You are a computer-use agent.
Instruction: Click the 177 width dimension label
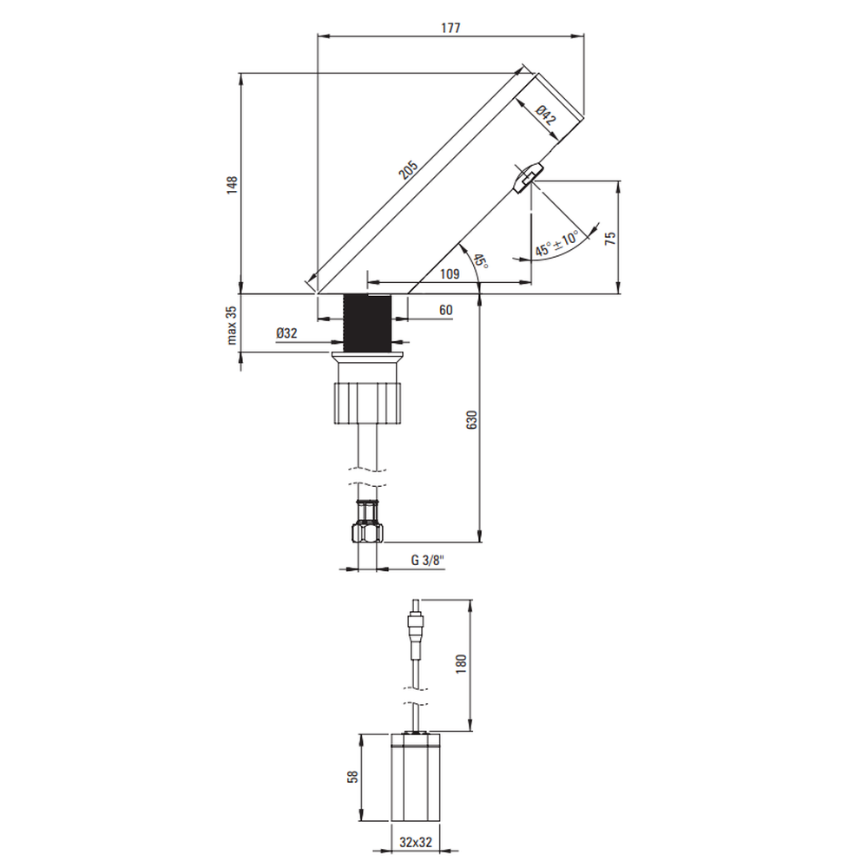tap(450, 28)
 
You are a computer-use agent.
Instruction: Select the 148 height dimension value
tap(232, 184)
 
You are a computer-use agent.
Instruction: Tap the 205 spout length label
tap(409, 169)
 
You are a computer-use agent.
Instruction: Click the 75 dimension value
tap(610, 239)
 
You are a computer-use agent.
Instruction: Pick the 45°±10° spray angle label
tap(556, 244)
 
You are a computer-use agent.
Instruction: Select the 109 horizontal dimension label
tap(450, 273)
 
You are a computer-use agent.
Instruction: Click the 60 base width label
tap(445, 310)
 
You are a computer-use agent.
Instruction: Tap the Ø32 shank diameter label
tap(286, 332)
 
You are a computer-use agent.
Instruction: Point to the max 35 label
tap(232, 325)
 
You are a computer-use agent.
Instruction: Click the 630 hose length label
tap(472, 420)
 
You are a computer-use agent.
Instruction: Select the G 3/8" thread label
tap(428, 560)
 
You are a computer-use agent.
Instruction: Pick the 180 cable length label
tap(461, 664)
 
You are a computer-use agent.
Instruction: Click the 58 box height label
tap(352, 777)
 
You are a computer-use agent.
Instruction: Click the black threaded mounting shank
tap(367, 323)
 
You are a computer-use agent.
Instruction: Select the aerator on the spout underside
tap(528, 176)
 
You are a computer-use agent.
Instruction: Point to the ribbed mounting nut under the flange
tap(367, 403)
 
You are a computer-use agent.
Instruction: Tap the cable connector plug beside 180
tap(416, 625)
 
